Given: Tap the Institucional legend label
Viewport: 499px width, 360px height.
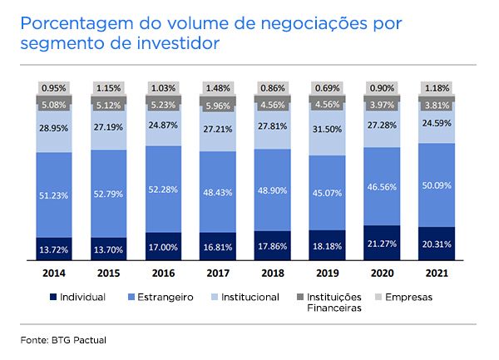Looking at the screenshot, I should (x=249, y=297).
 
